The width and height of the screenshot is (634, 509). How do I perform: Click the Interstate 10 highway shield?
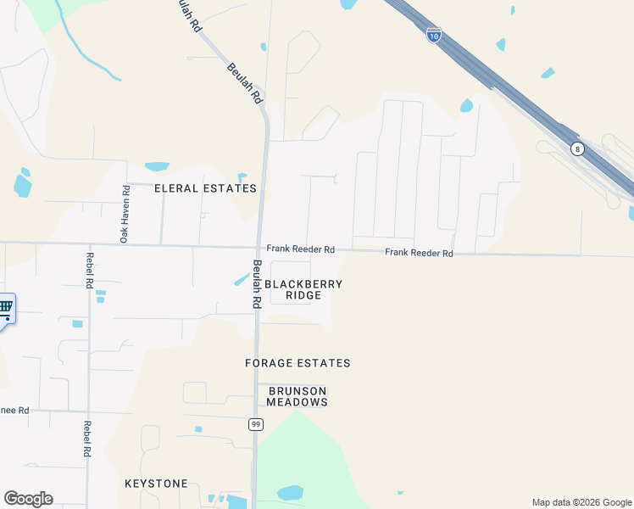tap(433, 35)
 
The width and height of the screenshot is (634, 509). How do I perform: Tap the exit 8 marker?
tap(576, 148)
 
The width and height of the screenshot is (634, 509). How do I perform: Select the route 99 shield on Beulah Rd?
tap(255, 424)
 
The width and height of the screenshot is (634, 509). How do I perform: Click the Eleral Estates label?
tap(205, 188)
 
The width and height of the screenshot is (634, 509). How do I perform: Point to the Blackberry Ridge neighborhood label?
tap(303, 289)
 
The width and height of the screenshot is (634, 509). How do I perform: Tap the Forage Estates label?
tap(298, 363)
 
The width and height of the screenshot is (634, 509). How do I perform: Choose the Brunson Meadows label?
tap(297, 396)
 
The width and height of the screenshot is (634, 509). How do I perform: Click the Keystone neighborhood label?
tap(156, 484)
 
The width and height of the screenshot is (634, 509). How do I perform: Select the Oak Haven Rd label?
tap(124, 215)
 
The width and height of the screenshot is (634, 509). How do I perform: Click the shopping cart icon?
tap(4, 308)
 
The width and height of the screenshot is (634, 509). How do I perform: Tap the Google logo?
tap(28, 499)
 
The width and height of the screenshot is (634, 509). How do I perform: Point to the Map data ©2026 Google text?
tap(581, 502)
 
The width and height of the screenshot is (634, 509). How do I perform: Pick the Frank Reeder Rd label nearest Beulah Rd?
tap(301, 249)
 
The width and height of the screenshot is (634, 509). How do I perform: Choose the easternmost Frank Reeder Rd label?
tap(419, 253)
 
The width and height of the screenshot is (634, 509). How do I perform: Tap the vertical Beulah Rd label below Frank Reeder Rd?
tap(256, 283)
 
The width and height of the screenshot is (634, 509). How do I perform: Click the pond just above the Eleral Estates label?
tap(157, 166)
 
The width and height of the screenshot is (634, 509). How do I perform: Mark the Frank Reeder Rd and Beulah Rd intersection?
tap(259, 248)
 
